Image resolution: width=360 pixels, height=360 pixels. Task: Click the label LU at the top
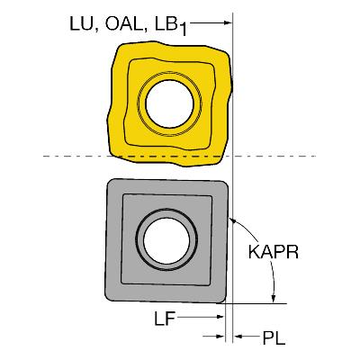point(81,24)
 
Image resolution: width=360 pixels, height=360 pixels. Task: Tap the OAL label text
point(123,23)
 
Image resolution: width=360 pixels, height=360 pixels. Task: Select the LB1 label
point(171,26)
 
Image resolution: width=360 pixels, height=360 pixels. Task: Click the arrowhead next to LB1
point(227,22)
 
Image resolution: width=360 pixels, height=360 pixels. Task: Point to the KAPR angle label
point(274,252)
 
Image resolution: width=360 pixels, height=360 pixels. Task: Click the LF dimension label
point(165,318)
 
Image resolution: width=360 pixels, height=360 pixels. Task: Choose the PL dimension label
point(274,338)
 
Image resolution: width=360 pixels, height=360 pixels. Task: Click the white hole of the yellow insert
point(169,103)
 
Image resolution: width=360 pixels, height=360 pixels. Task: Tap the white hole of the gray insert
point(166,240)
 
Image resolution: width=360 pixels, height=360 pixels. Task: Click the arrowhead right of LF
point(220,317)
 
